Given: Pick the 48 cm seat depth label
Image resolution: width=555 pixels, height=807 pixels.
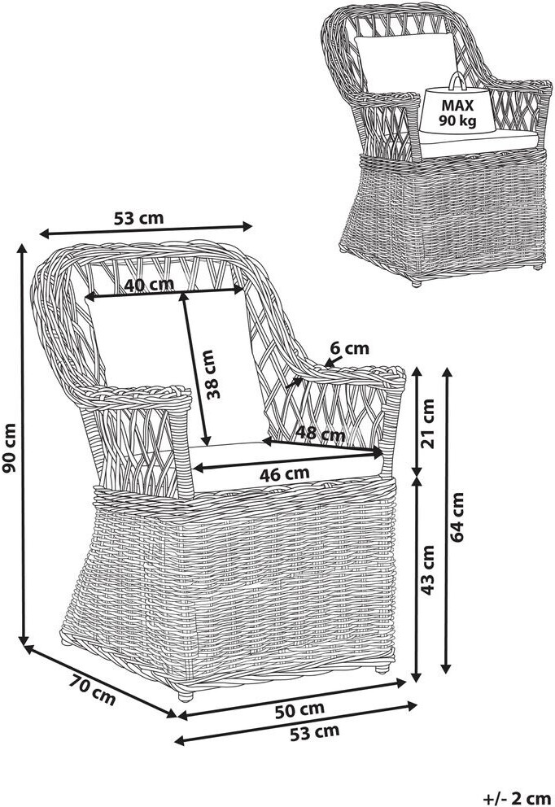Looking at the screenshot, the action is [x=320, y=434].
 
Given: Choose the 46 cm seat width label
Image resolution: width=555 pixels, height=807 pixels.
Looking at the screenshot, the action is [x=284, y=472].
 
